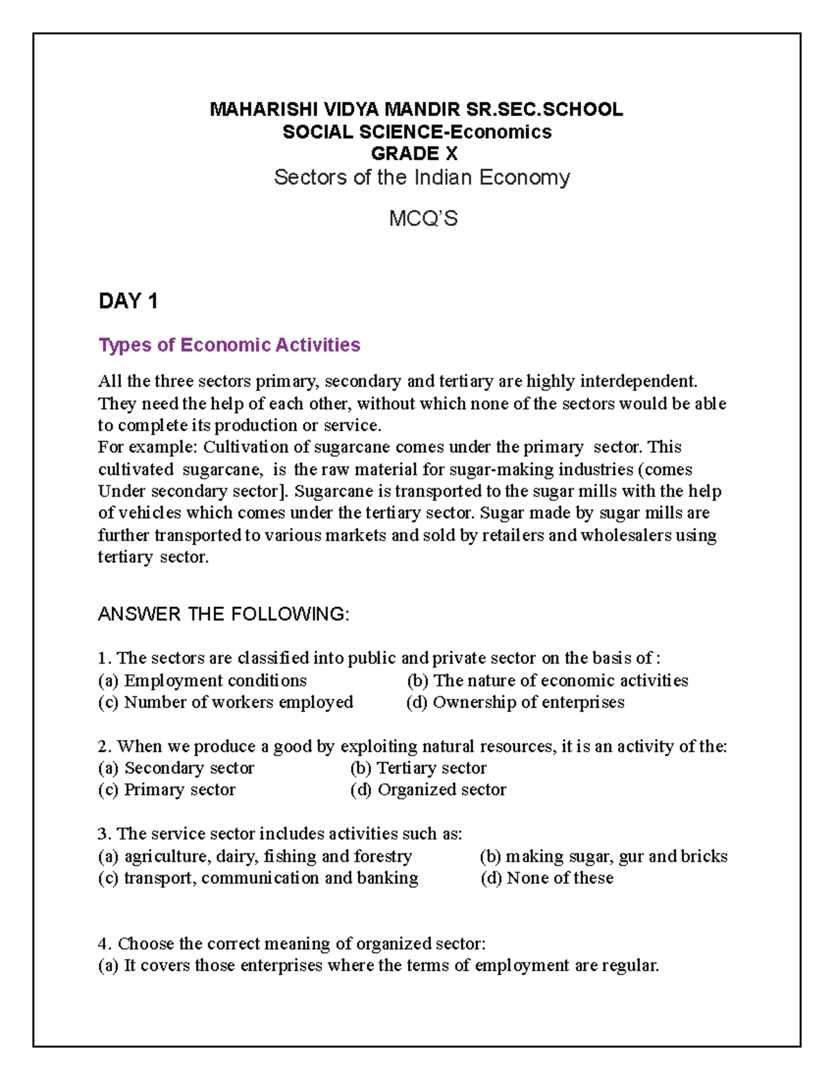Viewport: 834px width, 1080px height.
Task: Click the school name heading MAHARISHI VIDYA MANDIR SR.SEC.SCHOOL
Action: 416,110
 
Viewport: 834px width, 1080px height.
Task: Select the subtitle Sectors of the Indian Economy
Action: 422,177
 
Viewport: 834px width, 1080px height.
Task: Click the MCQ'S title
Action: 423,219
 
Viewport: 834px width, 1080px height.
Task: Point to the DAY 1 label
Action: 128,301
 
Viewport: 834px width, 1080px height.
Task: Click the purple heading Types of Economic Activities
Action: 229,345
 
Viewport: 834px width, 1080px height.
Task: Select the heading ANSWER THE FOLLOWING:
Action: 223,614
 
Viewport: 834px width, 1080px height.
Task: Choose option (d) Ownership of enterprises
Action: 515,702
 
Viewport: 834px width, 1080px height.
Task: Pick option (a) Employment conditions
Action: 202,680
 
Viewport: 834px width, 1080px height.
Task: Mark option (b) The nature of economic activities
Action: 548,680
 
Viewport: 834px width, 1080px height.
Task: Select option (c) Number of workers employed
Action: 225,702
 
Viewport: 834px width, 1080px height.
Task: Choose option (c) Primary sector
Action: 167,790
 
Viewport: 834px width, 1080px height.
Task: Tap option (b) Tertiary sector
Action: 418,768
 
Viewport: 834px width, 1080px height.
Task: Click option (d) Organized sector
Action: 428,790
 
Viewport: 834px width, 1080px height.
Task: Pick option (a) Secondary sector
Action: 176,768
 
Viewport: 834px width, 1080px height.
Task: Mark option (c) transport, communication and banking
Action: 258,878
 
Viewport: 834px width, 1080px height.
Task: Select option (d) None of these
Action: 547,878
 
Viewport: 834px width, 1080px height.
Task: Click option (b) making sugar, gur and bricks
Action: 603,856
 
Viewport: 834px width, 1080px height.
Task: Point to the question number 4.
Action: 104,944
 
